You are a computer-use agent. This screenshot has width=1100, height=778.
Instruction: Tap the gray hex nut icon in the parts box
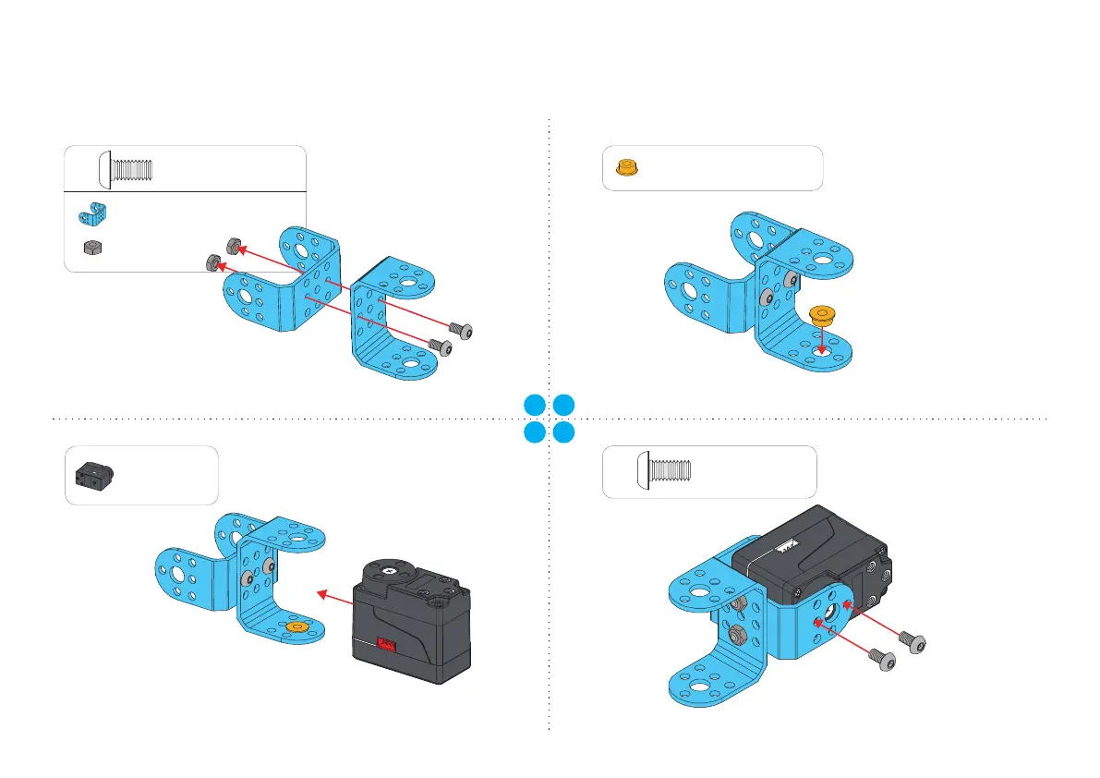coord(91,247)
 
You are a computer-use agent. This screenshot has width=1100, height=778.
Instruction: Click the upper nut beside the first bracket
coord(234,246)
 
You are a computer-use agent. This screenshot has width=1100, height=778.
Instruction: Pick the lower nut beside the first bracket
coord(212,264)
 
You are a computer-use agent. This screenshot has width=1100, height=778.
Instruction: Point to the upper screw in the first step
coord(460,330)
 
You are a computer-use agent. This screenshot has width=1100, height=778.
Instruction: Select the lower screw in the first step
coord(441,346)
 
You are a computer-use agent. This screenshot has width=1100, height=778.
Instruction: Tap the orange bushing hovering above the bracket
coord(820,316)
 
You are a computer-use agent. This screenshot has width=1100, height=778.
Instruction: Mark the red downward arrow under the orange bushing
coord(821,341)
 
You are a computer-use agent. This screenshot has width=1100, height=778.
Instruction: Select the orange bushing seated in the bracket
coord(297,627)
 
